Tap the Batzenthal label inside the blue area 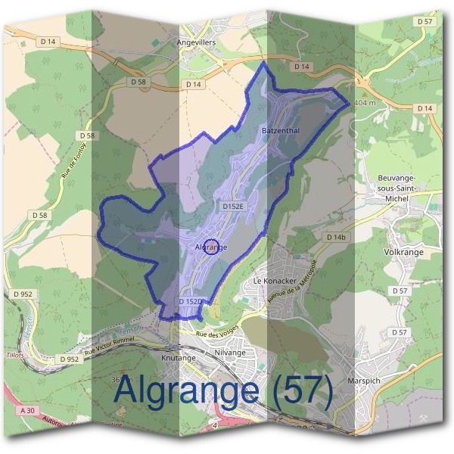point(281,131)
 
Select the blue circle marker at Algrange point(212,247)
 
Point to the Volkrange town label point(403,252)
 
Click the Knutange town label point(179,357)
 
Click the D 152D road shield point(190,302)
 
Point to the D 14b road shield point(337,238)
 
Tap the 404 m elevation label point(365,102)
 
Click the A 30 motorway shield point(28,410)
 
